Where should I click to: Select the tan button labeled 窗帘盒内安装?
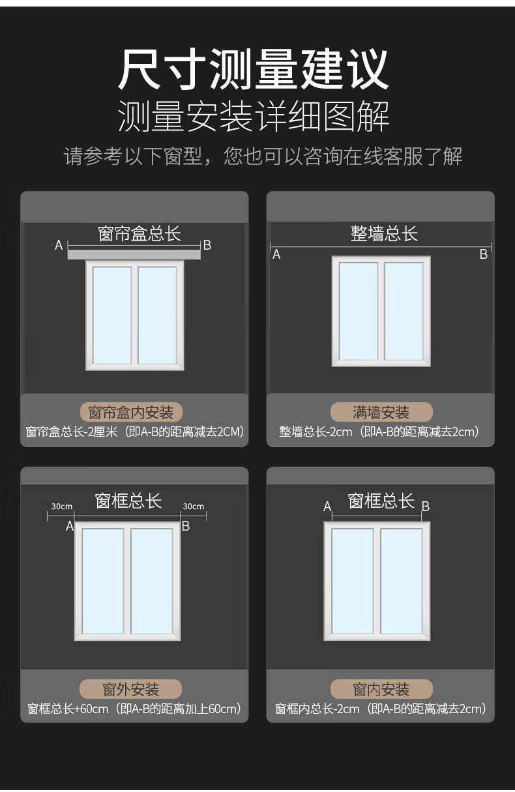131,412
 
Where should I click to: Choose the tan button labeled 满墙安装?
381,412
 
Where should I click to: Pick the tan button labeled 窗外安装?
130,689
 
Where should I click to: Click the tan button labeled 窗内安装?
381,689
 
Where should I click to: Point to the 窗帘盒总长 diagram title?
139,233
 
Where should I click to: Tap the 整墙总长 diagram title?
384,233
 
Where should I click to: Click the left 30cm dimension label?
62,506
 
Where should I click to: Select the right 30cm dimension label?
193,506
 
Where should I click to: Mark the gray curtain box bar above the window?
134,254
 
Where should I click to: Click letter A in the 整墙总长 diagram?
276,255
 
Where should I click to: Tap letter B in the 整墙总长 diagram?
484,255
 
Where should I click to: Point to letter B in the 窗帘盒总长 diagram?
207,245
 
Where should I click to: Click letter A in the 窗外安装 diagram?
70,526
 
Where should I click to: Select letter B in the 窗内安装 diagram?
425,506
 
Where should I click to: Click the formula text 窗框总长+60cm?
68,709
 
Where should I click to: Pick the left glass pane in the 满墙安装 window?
359,311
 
